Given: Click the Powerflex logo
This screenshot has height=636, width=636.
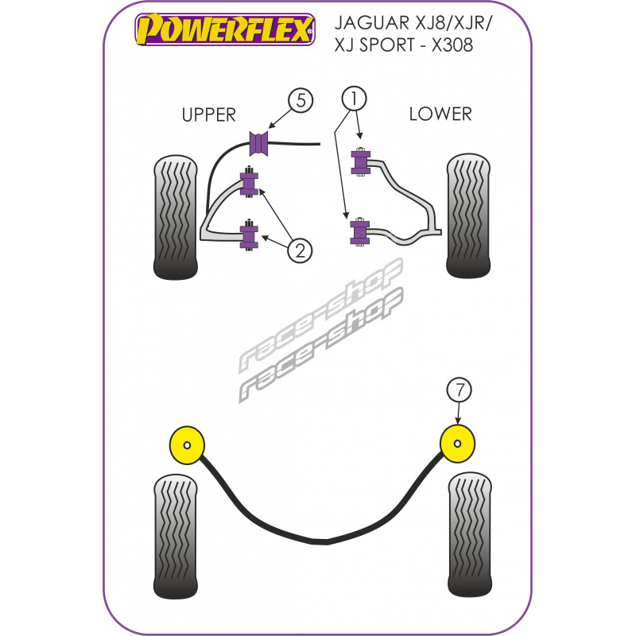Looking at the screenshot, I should (x=224, y=30).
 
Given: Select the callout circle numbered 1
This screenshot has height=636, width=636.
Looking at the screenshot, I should (x=354, y=98).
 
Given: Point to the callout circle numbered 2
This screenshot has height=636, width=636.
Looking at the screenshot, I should (x=299, y=250).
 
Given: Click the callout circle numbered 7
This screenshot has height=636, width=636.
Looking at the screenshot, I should (x=459, y=390).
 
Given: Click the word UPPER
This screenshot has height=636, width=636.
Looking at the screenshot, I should (x=208, y=114).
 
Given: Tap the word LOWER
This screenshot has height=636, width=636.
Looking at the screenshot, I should (x=440, y=114).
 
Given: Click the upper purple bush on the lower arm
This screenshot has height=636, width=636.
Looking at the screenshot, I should (x=360, y=164).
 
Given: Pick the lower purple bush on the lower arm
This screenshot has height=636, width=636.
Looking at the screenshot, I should (x=360, y=233).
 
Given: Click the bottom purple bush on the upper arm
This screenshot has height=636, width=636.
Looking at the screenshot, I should (x=249, y=235).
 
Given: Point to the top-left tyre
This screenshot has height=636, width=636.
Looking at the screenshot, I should (x=175, y=217).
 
